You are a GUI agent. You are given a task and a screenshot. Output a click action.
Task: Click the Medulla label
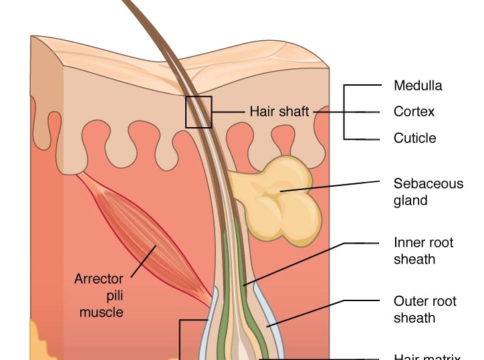click(x=417, y=86)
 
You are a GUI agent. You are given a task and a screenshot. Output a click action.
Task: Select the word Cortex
click(x=414, y=112)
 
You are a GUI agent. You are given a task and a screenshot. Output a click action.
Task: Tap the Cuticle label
click(x=414, y=138)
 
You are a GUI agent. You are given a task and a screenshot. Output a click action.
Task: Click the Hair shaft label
click(x=279, y=112)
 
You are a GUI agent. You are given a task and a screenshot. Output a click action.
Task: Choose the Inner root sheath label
click(x=423, y=250)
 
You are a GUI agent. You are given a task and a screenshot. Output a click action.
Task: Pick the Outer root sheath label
click(x=425, y=309)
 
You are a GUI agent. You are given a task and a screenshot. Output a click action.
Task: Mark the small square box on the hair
click(x=199, y=112)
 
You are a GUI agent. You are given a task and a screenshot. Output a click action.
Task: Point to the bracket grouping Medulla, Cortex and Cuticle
click(x=344, y=112)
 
